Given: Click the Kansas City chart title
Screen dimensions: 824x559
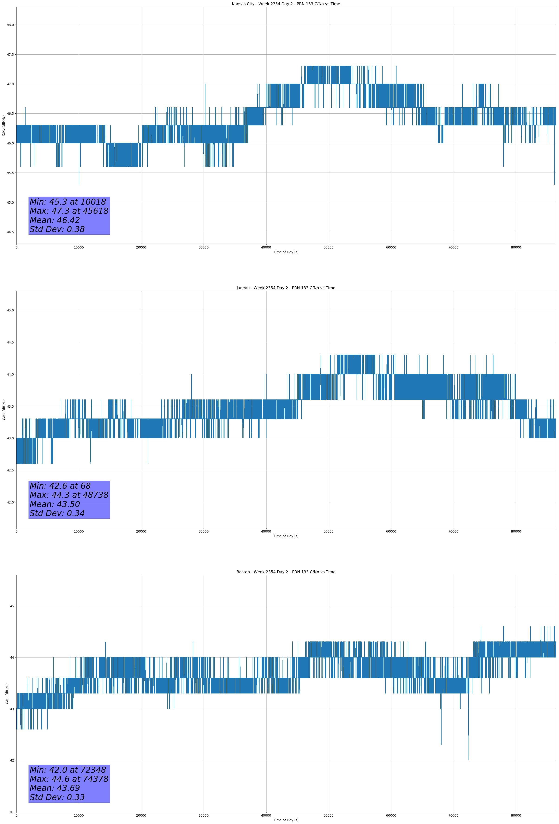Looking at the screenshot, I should click(286, 4).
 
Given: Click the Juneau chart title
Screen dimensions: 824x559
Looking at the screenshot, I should click(286, 288).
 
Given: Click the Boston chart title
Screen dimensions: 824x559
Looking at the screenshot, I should click(286, 572).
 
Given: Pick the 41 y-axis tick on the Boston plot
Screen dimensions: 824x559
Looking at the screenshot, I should click(12, 812).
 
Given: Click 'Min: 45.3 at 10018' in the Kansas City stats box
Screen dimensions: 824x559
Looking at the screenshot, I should click(68, 202).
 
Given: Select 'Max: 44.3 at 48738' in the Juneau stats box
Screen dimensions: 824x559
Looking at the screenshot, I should click(69, 495).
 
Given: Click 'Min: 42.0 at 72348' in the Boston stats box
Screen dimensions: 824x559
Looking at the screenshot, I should click(68, 770).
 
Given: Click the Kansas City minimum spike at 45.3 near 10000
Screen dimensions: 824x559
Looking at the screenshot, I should click(79, 183).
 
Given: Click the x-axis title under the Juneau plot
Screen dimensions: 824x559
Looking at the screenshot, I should click(286, 536).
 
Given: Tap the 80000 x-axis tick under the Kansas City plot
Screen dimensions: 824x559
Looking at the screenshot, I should click(516, 248).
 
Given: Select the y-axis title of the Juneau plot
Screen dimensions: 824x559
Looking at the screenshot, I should click(4, 409).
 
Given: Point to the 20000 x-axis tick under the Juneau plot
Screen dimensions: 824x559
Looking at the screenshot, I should click(141, 531).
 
